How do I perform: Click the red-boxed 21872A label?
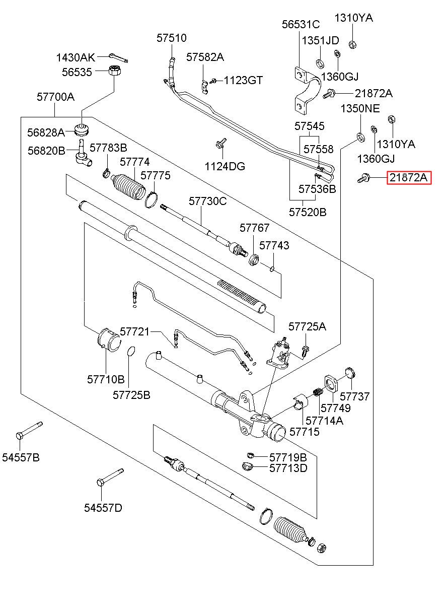pyautogui.click(x=409, y=178)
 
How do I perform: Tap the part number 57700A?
pyautogui.click(x=55, y=97)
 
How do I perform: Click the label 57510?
pyautogui.click(x=171, y=38)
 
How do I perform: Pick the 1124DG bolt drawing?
pyautogui.click(x=219, y=145)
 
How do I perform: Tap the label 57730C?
pyautogui.click(x=208, y=201)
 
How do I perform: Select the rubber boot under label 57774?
pyautogui.click(x=128, y=189)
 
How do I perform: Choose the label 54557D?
pyautogui.click(x=103, y=507)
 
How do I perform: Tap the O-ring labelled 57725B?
pyautogui.click(x=130, y=351)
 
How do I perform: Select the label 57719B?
pyautogui.click(x=288, y=457)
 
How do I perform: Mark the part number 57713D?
pyautogui.click(x=288, y=468)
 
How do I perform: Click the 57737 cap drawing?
pyautogui.click(x=350, y=374)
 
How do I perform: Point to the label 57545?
pyautogui.click(x=310, y=126)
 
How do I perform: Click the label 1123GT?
pyautogui.click(x=243, y=80)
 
